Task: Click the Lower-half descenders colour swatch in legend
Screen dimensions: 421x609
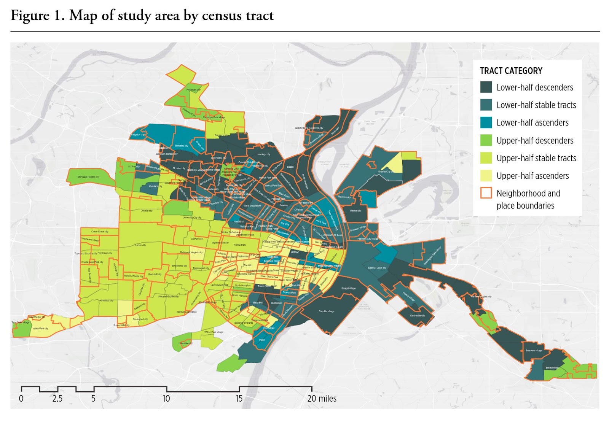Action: pos(486,87)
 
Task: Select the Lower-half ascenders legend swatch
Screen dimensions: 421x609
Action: pos(486,122)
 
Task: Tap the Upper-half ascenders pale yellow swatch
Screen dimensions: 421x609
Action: pos(486,176)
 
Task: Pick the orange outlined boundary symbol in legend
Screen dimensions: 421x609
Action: pos(486,193)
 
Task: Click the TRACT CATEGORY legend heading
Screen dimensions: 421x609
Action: pos(511,71)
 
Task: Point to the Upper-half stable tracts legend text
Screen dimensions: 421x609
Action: pos(536,158)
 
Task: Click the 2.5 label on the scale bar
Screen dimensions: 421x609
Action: pos(57,399)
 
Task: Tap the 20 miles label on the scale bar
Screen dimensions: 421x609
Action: pos(322,399)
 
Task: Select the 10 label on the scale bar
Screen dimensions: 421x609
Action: pos(166,399)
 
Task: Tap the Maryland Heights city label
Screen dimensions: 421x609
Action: pos(88,177)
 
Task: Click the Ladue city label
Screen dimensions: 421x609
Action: pos(140,245)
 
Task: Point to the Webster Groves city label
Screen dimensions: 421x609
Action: pos(168,297)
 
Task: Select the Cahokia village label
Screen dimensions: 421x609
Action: pos(326,311)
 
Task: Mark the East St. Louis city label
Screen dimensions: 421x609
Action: pos(377,268)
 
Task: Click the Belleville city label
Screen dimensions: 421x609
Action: pos(552,368)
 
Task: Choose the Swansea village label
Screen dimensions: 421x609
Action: pos(534,351)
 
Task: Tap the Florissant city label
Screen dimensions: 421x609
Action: pos(193,90)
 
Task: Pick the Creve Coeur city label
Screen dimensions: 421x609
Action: pos(100,231)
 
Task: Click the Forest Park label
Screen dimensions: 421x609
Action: pos(240,245)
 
